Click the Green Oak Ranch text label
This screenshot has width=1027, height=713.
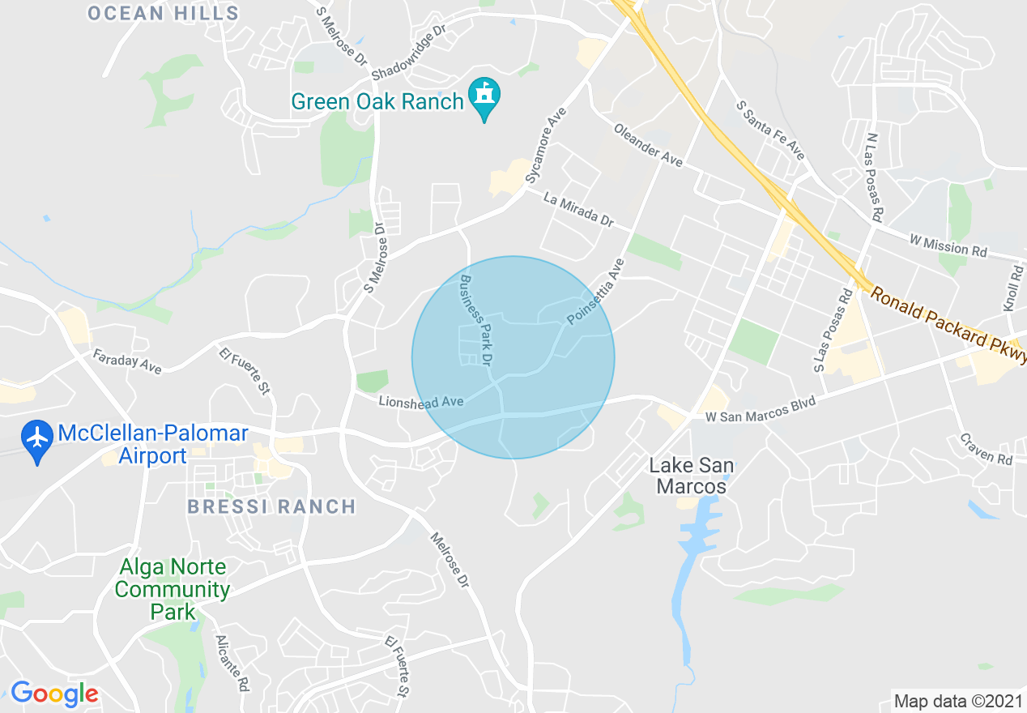(377, 101)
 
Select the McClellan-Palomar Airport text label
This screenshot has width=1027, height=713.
(152, 445)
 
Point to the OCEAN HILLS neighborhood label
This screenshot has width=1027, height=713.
(164, 13)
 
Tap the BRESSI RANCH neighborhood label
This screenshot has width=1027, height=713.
(271, 507)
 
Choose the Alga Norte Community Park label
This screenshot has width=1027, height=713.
(172, 589)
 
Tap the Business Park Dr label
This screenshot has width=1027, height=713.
(477, 319)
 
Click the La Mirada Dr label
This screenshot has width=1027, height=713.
(579, 208)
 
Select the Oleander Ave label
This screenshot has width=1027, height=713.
(648, 145)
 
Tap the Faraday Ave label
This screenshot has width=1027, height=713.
(127, 361)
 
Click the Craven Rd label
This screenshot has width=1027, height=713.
(987, 448)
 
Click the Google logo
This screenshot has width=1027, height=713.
(55, 694)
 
